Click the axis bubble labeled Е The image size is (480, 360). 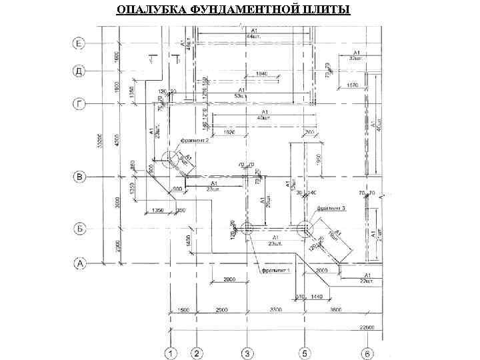(79, 44)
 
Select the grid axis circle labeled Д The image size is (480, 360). (79, 70)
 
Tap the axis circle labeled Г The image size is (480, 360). (79, 104)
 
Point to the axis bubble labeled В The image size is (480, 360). (79, 177)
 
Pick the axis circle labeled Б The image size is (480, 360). (79, 229)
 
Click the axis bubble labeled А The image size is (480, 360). (79, 264)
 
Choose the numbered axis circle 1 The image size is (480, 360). (171, 352)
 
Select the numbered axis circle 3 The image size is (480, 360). (247, 352)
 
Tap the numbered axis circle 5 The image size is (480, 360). (305, 352)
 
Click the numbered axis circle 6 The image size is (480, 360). (368, 352)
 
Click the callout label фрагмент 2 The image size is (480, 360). (195, 141)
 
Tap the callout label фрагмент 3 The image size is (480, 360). (330, 208)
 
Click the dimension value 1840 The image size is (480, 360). (262, 73)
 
